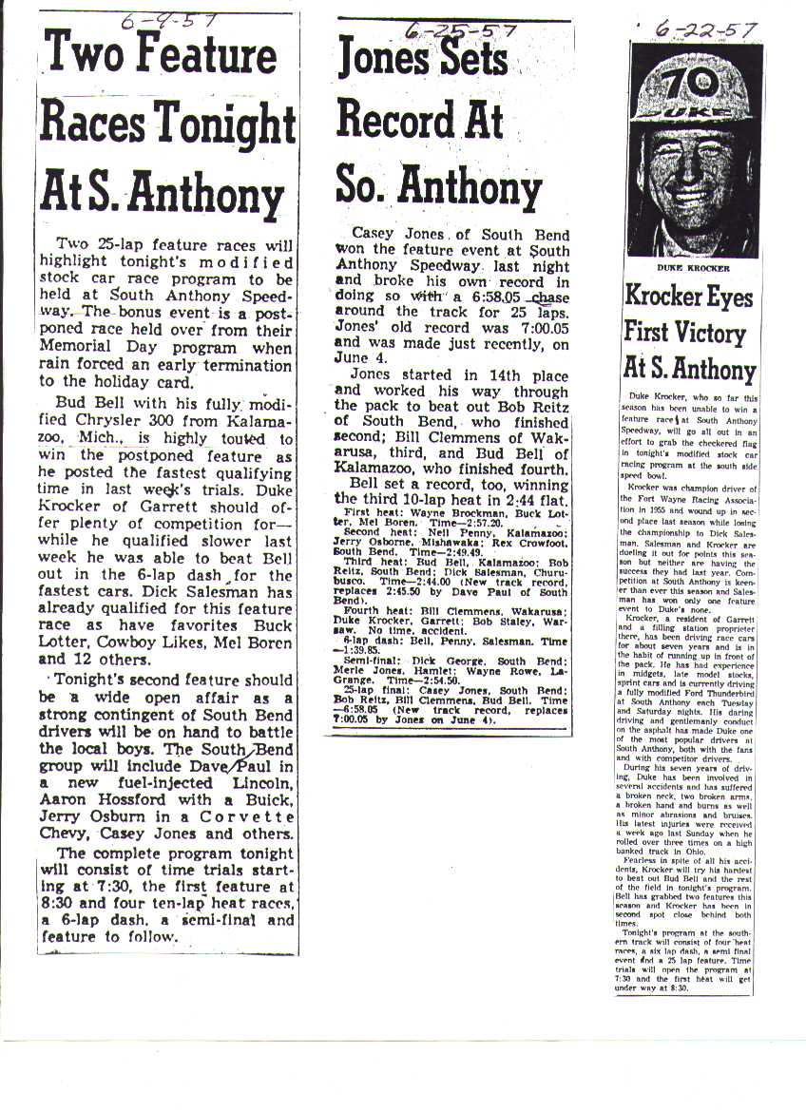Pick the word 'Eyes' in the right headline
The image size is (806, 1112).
click(x=727, y=297)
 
